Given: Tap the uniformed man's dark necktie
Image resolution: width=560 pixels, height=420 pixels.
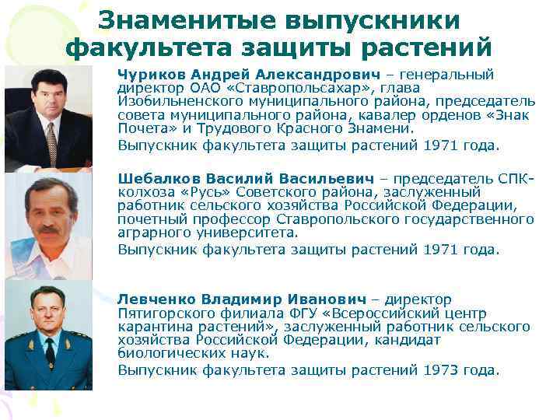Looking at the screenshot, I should pos(51,354).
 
